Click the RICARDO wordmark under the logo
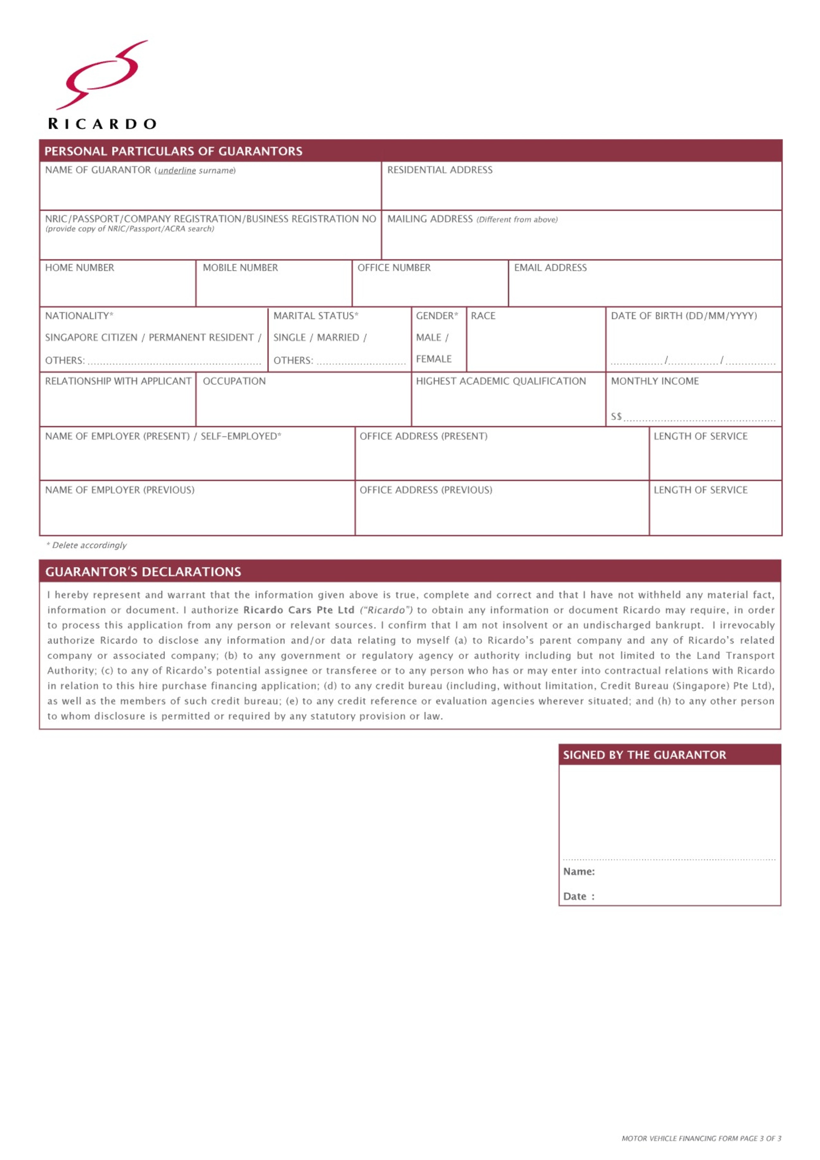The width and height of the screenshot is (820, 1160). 102,124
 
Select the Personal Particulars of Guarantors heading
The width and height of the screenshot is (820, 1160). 173,151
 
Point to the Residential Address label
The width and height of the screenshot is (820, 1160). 439,170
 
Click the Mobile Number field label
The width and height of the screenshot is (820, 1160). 240,268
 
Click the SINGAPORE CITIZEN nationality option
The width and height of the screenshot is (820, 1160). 91,337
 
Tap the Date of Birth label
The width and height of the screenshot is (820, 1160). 683,316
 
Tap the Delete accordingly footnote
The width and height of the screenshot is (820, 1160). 87,545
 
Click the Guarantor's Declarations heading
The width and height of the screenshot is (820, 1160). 143,572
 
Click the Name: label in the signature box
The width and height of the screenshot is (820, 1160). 579,871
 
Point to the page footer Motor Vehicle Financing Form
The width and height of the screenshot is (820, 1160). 701,1138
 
